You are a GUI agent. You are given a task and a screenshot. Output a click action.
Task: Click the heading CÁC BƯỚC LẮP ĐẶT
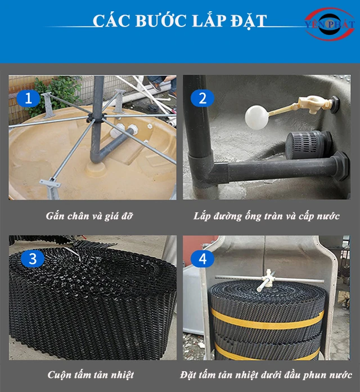point(179,21)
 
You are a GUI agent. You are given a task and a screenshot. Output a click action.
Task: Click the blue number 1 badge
point(28,99)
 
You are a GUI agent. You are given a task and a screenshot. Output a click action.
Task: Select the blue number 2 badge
point(202,99)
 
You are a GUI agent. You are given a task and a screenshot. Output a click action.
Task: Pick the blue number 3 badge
point(33,259)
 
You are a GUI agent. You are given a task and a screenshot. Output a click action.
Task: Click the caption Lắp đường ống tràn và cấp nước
point(266,216)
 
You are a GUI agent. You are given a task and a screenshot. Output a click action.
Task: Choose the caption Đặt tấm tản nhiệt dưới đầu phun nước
point(266,375)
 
